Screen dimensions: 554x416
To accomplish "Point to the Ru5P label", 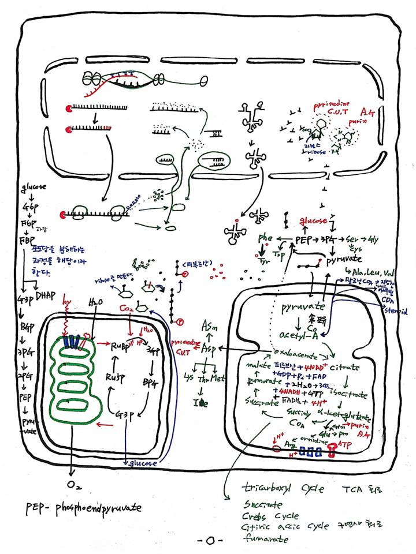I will coord(117,378).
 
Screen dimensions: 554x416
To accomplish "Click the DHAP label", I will coord(46,296).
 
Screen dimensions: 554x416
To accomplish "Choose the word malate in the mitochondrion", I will coord(254,366).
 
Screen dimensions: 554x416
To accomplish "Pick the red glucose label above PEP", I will coord(312,222).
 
